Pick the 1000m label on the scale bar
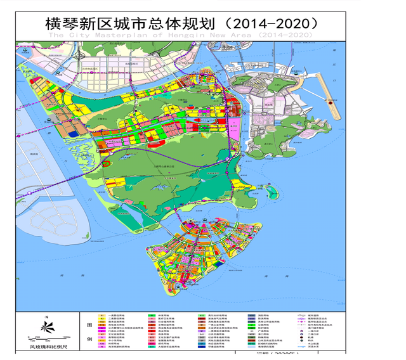(x=65, y=337)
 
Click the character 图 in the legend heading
(x=89, y=322)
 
